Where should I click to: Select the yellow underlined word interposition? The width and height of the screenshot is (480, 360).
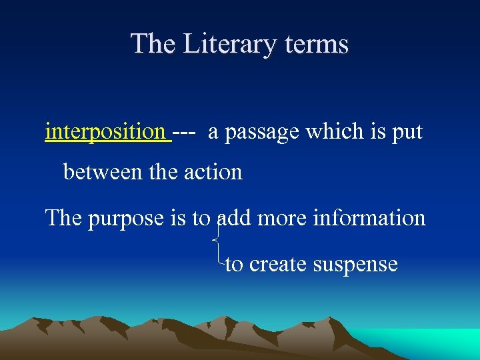(x=105, y=132)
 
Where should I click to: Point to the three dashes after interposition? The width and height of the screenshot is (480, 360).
(x=183, y=132)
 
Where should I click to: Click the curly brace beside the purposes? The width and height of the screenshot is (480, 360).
(x=217, y=240)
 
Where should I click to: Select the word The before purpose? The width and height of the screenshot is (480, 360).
(x=63, y=218)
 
